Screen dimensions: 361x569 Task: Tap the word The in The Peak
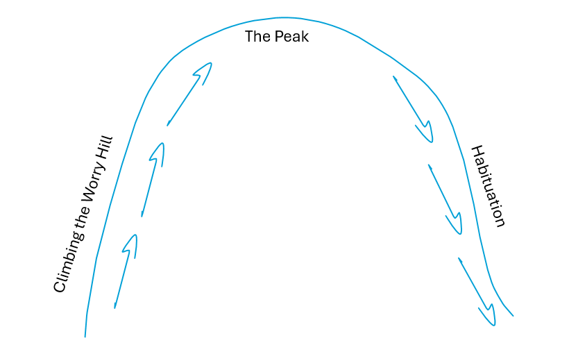click(256, 37)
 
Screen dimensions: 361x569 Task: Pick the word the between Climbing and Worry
click(80, 220)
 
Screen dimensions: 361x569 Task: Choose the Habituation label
click(488, 185)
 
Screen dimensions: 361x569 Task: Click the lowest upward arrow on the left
click(126, 271)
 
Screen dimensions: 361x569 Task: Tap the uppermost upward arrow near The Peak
click(189, 94)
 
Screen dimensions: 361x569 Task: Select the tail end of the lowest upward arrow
click(115, 307)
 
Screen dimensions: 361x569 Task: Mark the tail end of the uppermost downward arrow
click(393, 77)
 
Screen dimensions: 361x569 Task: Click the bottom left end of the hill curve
click(85, 336)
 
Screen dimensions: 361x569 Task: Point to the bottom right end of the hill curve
click(512, 316)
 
